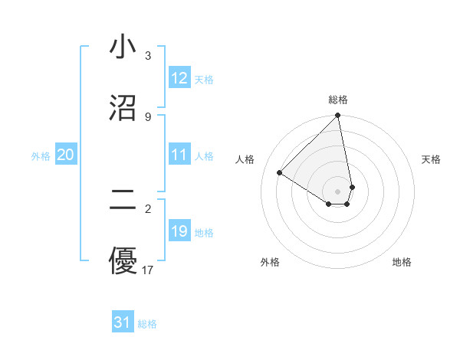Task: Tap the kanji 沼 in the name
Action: pyautogui.click(x=123, y=108)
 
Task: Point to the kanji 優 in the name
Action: pyautogui.click(x=123, y=261)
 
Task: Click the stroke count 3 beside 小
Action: pyautogui.click(x=147, y=56)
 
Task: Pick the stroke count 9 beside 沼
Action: pyautogui.click(x=147, y=116)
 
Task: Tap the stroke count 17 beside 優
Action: pyautogui.click(x=148, y=270)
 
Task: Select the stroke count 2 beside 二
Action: pyautogui.click(x=147, y=208)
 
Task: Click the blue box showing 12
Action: pyautogui.click(x=179, y=78)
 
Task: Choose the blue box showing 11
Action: pyautogui.click(x=179, y=155)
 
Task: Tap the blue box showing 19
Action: pyautogui.click(x=179, y=231)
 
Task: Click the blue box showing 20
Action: pyautogui.click(x=66, y=155)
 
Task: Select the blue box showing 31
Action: pyautogui.click(x=123, y=322)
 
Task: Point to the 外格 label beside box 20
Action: pyautogui.click(x=41, y=156)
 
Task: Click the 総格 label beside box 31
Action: pyautogui.click(x=147, y=324)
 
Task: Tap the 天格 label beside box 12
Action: pyautogui.click(x=204, y=80)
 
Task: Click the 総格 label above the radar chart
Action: pyautogui.click(x=338, y=100)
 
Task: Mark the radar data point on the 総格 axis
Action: pyautogui.click(x=338, y=116)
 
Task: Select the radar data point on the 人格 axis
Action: pyautogui.click(x=279, y=173)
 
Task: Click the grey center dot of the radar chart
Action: pyautogui.click(x=338, y=191)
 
